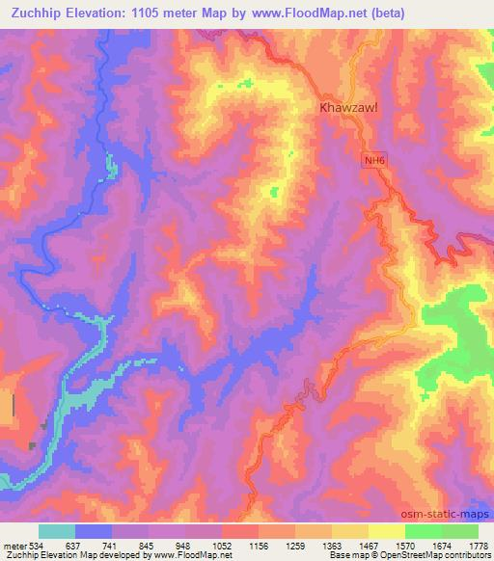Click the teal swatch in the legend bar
point(57,531)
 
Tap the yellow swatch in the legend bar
point(387,531)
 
